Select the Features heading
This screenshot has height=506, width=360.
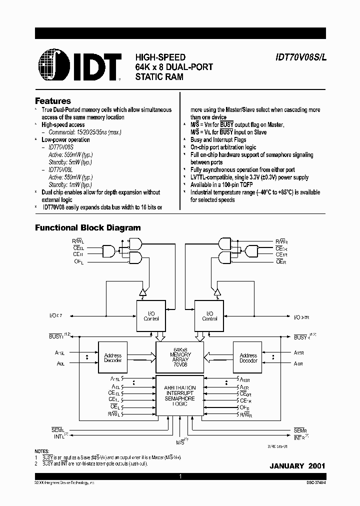pos(52,100)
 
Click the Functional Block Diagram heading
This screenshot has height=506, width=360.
pos(87,227)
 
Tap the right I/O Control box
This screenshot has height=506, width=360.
pos(209,316)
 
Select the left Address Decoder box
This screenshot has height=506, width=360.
pos(112,358)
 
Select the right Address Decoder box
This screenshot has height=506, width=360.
pos(248,358)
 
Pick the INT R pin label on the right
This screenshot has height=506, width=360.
pos(300,437)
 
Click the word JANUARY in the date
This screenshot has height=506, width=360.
pos(286,466)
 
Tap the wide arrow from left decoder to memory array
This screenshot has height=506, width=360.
pos(141,358)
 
